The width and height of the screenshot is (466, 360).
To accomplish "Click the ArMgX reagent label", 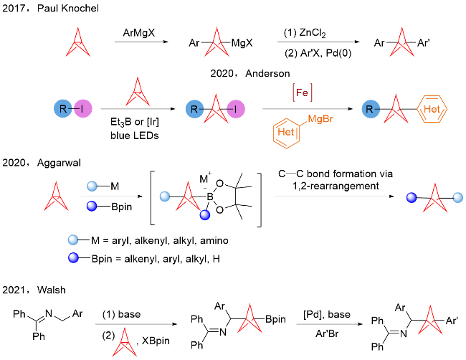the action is (139, 32).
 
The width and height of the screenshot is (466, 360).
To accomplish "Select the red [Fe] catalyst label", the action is (303, 93).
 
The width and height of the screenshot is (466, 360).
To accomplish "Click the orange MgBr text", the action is (320, 119).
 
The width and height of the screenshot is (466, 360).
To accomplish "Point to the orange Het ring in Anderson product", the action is (432, 109).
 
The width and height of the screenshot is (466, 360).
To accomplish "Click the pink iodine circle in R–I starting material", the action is (83, 109).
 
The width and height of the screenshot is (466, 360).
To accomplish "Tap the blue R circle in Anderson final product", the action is (371, 109).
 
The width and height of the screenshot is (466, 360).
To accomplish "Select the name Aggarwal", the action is (59, 163).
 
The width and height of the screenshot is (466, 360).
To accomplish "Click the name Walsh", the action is (51, 290).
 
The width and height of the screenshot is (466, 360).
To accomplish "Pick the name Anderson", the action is (267, 73).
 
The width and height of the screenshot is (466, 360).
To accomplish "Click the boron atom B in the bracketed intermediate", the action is (210, 196).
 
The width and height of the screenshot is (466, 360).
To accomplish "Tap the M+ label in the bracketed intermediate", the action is (205, 179).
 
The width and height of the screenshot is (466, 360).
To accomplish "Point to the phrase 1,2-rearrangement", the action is (336, 186).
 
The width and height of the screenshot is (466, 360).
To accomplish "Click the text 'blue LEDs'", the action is (134, 136).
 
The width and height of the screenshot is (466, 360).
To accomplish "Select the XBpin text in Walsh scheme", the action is (156, 341).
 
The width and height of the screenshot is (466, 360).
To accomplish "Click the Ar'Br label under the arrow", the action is (327, 333).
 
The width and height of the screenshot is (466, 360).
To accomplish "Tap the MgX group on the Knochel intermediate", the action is (242, 43).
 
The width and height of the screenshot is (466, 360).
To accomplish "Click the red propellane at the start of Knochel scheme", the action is (78, 42).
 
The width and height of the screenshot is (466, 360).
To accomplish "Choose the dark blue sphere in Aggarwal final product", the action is (412, 197).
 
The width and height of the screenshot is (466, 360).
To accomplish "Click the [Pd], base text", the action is (327, 315).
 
